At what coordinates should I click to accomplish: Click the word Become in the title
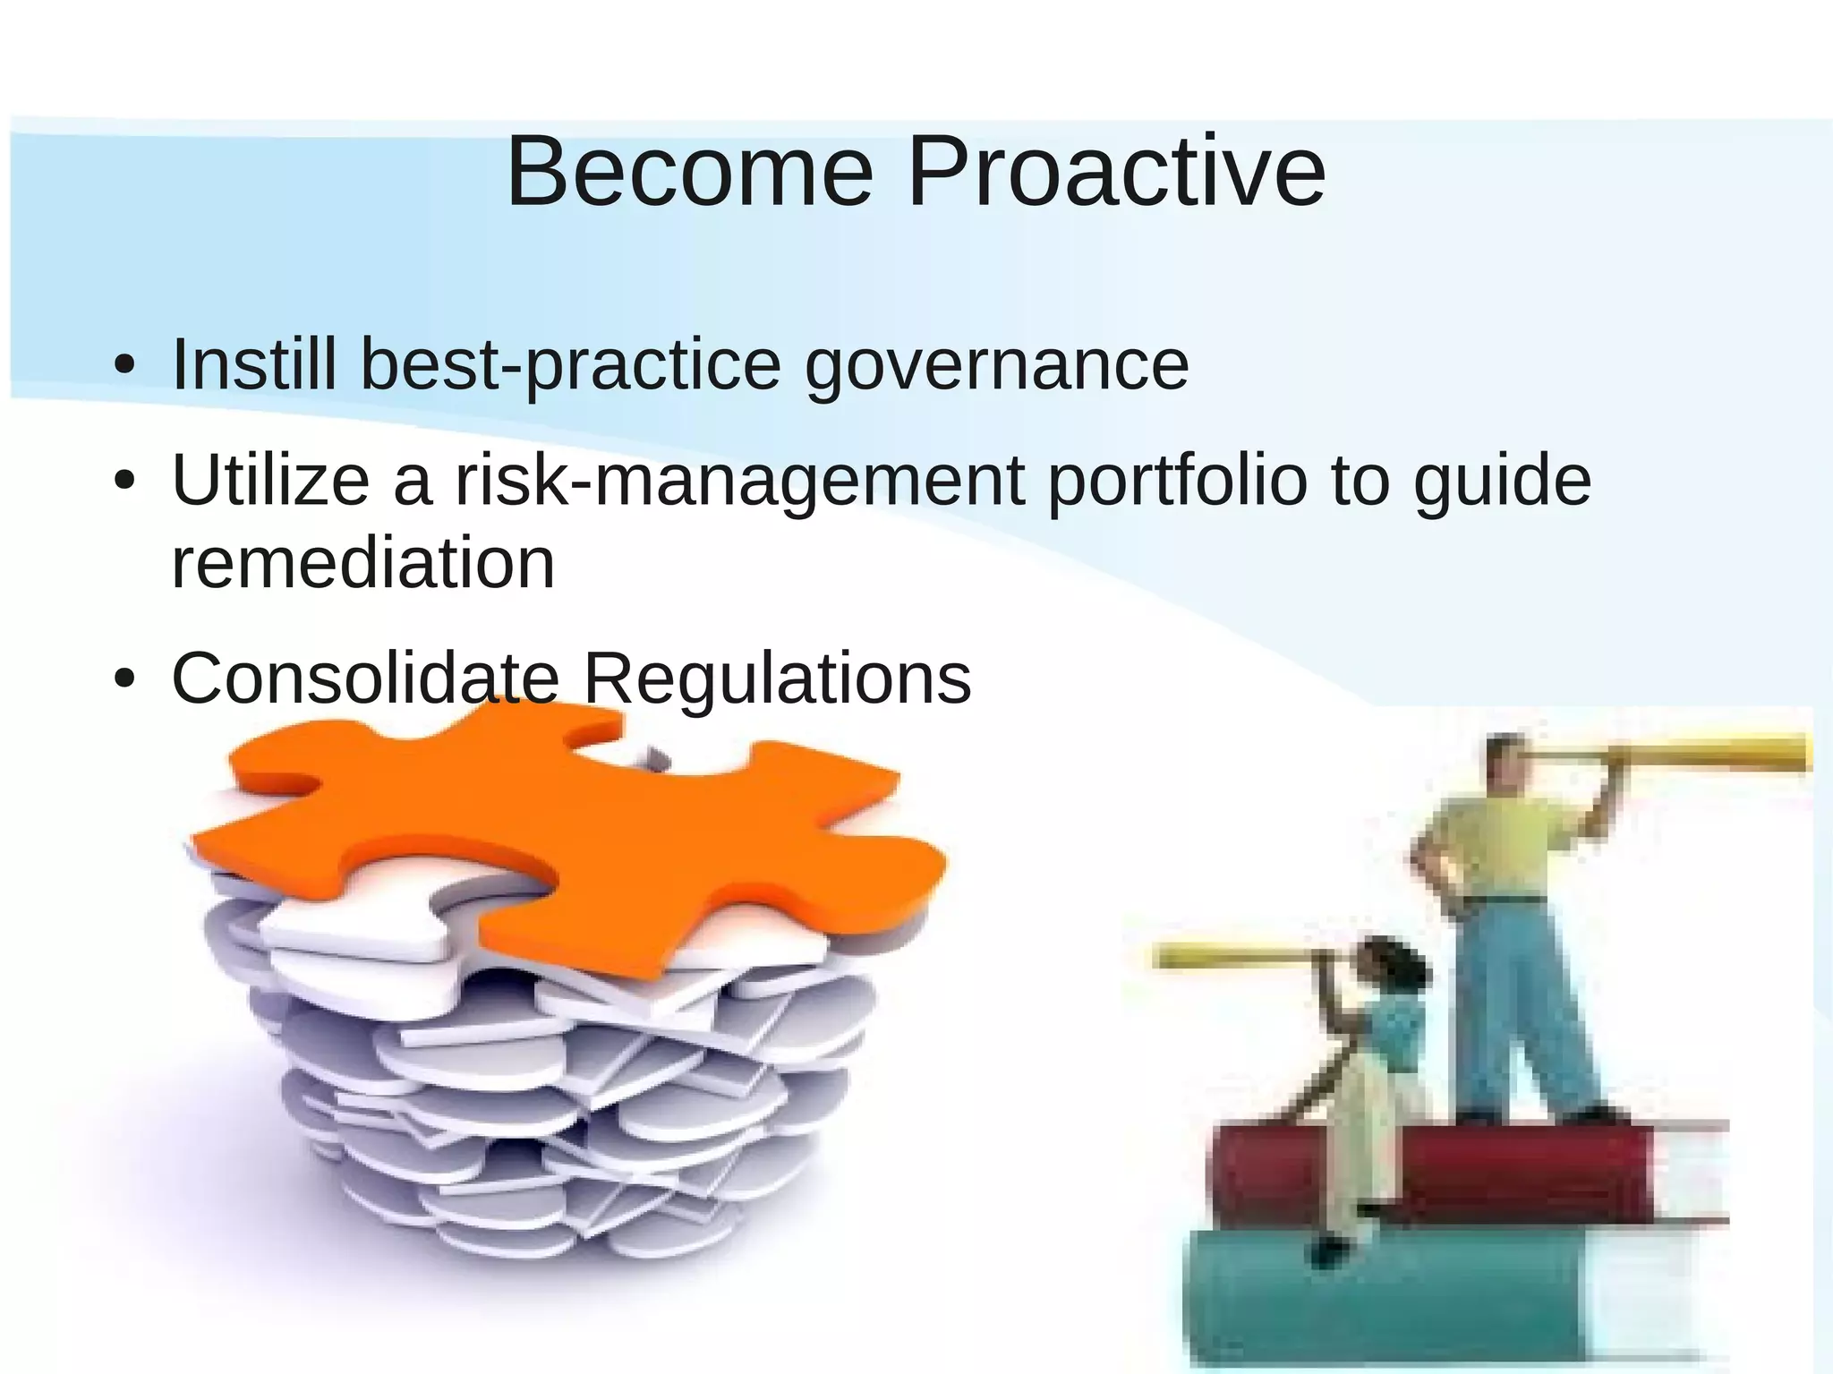coord(689,172)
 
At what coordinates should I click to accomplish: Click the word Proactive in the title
coord(1116,172)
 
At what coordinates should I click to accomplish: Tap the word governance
coord(996,366)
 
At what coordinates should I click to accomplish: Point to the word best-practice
coord(570,366)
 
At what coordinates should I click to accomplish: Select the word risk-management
coord(739,481)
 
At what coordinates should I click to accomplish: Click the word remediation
coord(362,563)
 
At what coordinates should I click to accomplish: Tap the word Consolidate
coord(365,678)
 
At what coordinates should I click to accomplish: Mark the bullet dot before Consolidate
coord(124,679)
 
